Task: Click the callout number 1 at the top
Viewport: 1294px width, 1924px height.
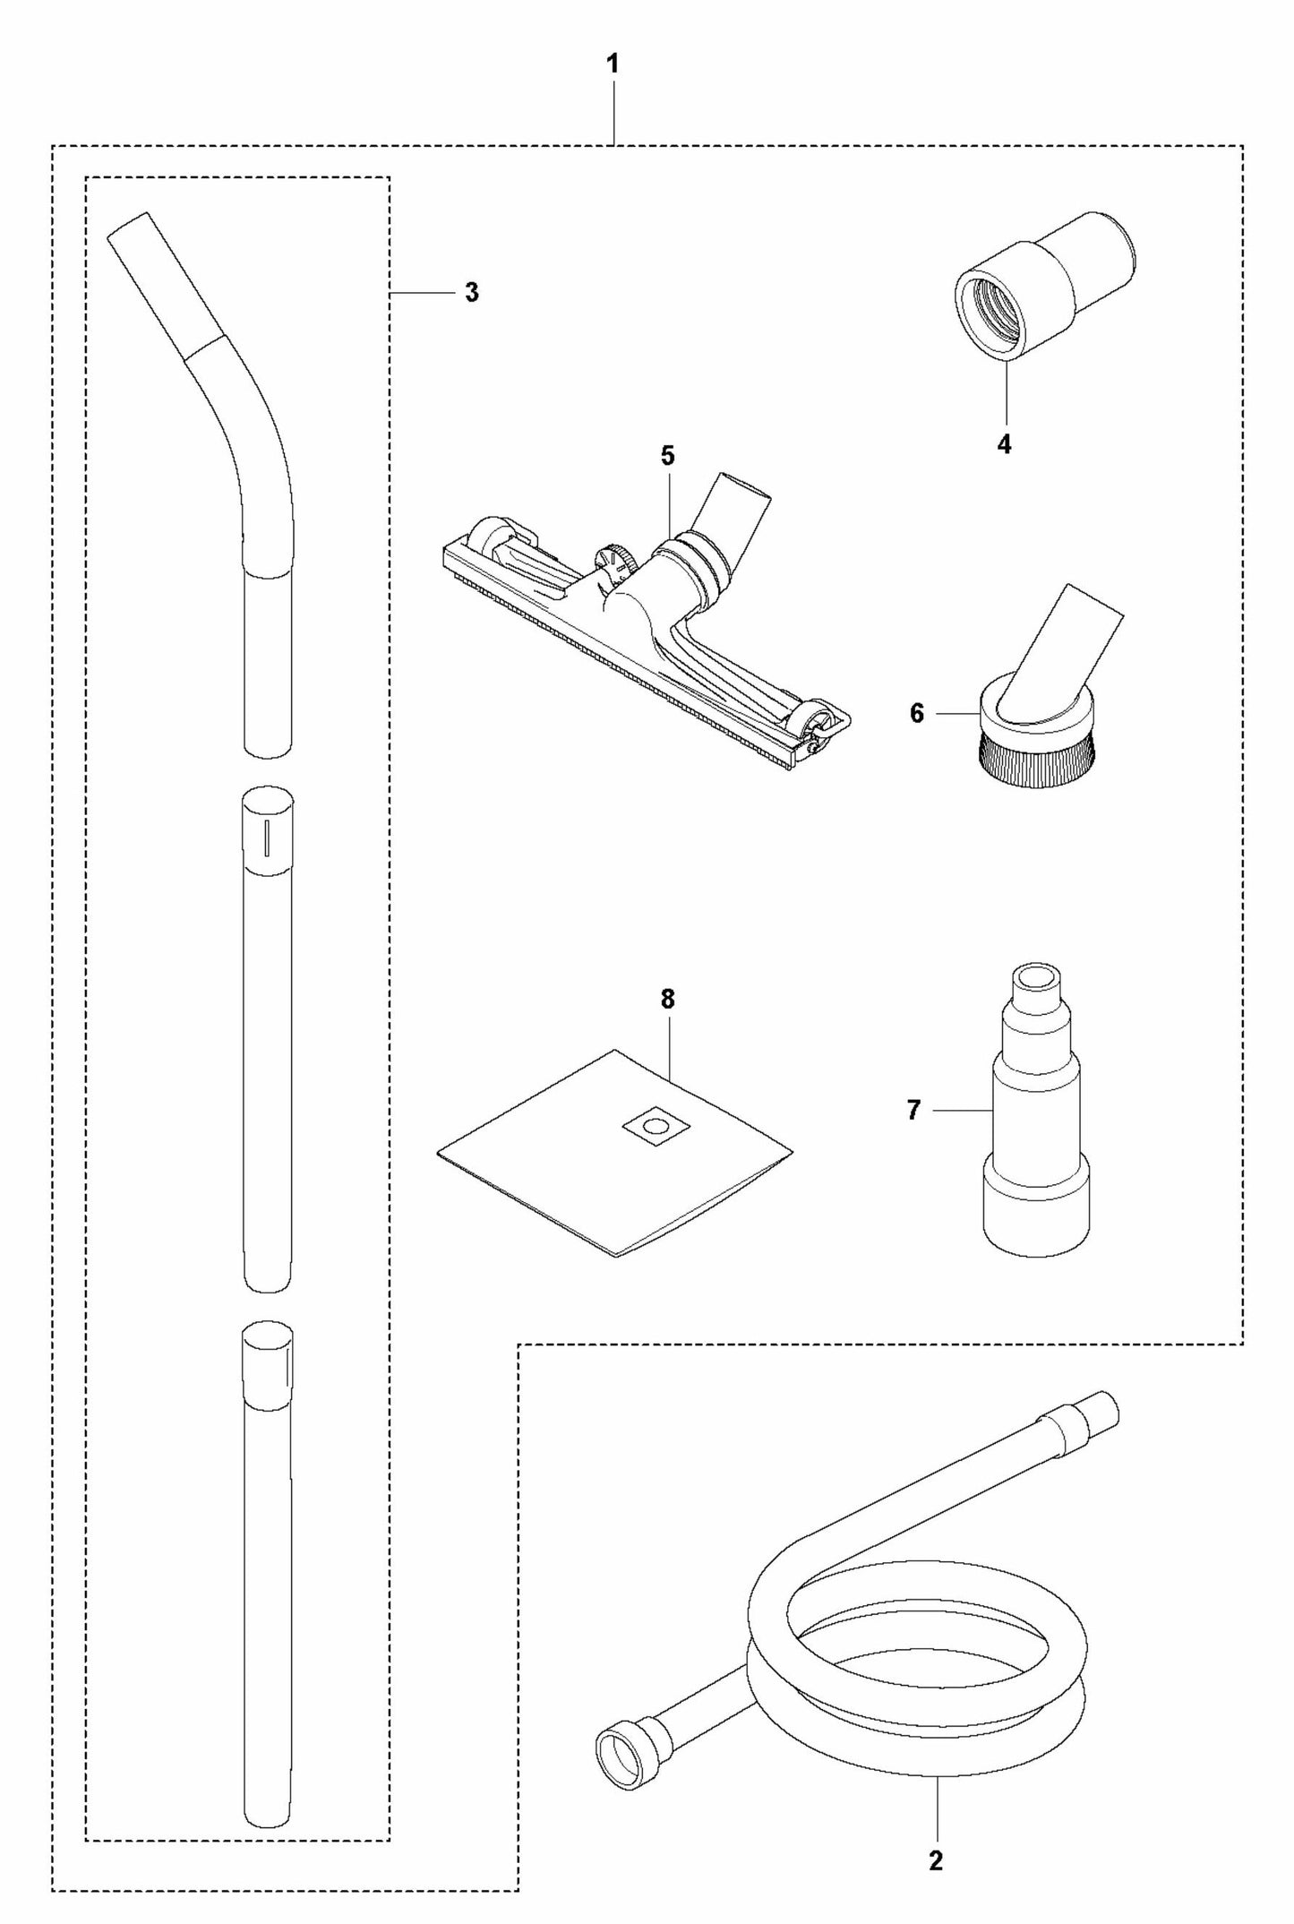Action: pyautogui.click(x=613, y=65)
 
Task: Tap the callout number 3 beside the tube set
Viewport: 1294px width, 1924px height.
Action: pyautogui.click(x=472, y=293)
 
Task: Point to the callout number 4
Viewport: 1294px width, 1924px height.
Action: pyautogui.click(x=1004, y=444)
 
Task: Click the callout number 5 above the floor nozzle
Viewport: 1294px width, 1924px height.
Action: pyautogui.click(x=667, y=456)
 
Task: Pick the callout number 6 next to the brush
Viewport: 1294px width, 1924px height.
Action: pyautogui.click(x=916, y=714)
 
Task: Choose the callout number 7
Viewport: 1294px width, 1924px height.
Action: pyautogui.click(x=913, y=1111)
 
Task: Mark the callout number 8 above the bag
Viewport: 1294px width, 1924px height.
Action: pyautogui.click(x=667, y=1000)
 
